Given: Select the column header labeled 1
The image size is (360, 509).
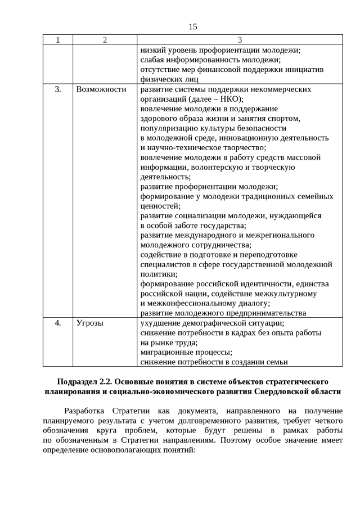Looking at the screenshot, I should (57, 39).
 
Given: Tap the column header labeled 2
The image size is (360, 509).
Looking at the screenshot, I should (105, 39).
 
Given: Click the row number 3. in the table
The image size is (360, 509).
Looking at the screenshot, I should (57, 89).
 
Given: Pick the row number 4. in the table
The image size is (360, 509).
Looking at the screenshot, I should (57, 323).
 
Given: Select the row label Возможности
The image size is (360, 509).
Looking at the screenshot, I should (101, 89).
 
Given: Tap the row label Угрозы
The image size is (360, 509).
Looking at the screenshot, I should (90, 323).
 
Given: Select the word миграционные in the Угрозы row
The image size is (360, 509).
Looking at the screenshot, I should (166, 353).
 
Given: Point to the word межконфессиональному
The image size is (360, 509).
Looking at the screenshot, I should (188, 303).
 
